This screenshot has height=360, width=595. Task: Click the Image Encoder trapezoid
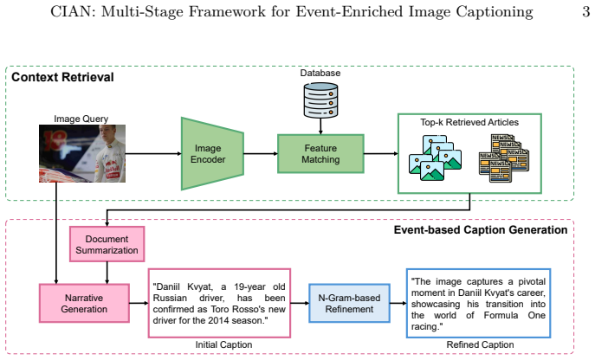tap(212, 154)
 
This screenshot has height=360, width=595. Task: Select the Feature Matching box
tap(320, 154)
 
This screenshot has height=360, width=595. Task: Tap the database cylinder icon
tap(320, 100)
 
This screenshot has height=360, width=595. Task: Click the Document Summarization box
tap(107, 244)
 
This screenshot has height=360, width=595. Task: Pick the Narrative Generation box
tap(84, 303)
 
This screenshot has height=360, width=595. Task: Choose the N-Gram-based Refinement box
tap(349, 303)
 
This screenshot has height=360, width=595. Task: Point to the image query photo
tap(82, 154)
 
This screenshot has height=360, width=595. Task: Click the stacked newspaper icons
tap(504, 157)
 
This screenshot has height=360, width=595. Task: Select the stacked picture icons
tap(435, 157)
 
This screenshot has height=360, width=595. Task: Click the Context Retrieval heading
tap(62, 77)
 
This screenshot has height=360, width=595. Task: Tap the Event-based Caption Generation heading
tap(481, 230)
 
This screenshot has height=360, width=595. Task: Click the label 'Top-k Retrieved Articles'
tap(469, 122)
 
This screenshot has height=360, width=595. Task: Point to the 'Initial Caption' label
tap(223, 344)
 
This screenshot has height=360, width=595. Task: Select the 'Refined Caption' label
tap(480, 344)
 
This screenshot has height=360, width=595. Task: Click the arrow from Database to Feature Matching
tap(320, 126)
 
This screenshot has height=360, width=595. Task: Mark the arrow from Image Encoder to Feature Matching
tap(261, 154)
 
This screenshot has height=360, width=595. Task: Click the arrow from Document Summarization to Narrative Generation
tap(107, 273)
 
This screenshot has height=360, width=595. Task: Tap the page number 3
tap(585, 12)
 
